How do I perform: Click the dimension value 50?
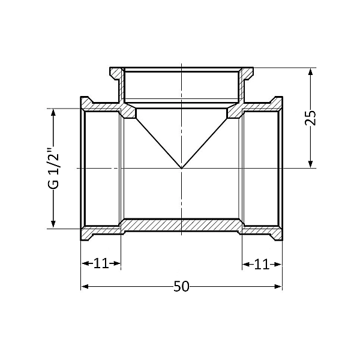tap(181, 287)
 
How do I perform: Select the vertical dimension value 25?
tap(310, 117)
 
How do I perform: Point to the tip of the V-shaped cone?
tap(181, 168)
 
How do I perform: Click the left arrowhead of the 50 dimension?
tap(85, 286)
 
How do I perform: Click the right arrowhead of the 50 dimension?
tap(278, 286)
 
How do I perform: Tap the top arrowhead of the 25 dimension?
tap(310, 71)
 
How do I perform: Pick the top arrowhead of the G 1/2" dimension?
tap(54, 112)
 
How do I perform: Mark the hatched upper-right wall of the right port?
tap(261, 107)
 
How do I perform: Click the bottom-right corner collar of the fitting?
tap(277, 234)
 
